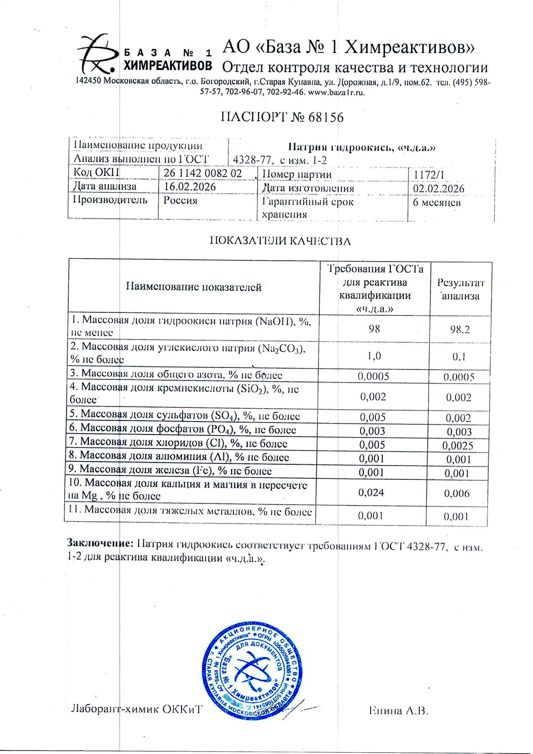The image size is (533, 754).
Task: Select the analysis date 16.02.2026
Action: (x=190, y=187)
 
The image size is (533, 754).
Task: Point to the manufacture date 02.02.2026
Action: (x=438, y=188)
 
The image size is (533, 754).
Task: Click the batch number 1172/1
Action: (x=429, y=175)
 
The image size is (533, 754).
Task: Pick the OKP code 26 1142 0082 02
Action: (x=203, y=173)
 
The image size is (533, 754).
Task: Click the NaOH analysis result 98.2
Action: (x=459, y=330)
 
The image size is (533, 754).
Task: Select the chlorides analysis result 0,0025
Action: (x=458, y=445)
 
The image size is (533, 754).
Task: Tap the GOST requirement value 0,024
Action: (x=371, y=492)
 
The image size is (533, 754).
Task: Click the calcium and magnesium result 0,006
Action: (x=457, y=493)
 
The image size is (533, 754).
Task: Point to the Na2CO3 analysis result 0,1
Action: (x=459, y=357)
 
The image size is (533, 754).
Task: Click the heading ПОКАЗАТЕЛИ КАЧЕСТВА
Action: (x=280, y=241)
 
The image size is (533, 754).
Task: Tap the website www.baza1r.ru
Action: (x=336, y=93)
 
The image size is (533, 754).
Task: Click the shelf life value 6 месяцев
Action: (x=437, y=203)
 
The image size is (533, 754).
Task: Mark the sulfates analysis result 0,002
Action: (x=458, y=418)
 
